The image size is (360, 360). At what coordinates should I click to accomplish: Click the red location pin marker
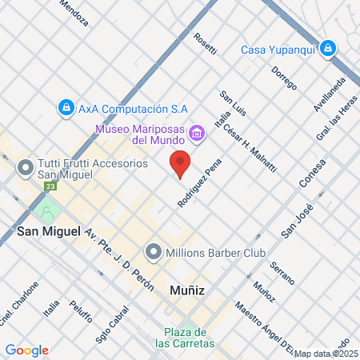pos(180,163)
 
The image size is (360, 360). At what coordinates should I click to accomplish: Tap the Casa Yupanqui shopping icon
pos(328,50)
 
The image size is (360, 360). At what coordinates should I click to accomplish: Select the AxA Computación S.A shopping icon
pos(66,106)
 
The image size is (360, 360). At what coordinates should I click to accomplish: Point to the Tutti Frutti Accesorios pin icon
pos(24,169)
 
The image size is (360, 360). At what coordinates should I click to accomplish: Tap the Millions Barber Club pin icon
pos(153,253)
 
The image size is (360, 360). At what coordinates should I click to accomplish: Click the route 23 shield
pos(51,186)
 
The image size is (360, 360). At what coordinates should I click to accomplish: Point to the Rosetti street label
pos(206,46)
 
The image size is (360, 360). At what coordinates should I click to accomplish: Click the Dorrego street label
pos(284,78)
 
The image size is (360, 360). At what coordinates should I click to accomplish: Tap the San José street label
pos(295,220)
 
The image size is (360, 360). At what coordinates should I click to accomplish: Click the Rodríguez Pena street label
pos(199,182)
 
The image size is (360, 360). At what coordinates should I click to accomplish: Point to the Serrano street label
pos(282,273)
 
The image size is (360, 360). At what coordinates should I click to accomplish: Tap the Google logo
pos(26,350)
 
